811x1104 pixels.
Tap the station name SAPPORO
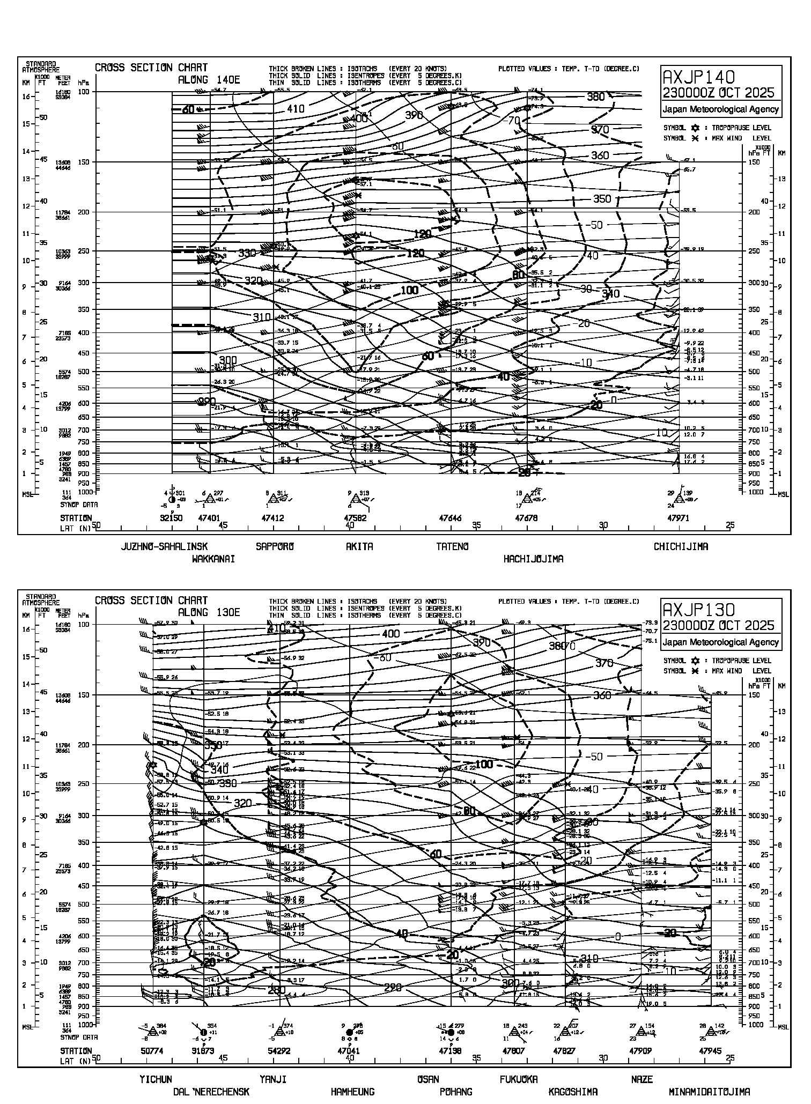click(275, 547)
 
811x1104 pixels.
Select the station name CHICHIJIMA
click(681, 547)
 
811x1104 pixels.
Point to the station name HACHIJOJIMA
click(533, 559)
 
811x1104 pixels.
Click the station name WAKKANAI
click(213, 559)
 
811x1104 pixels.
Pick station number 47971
click(678, 518)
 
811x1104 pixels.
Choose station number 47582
click(355, 518)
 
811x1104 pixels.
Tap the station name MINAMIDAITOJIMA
click(709, 1092)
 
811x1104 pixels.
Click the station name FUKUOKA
click(519, 1079)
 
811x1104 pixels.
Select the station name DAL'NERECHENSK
click(211, 1092)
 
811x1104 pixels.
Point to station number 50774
click(152, 1051)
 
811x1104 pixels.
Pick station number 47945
click(710, 1051)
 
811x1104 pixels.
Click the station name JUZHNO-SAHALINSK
click(164, 547)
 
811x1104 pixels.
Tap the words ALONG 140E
click(209, 80)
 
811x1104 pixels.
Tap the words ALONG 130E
click(209, 612)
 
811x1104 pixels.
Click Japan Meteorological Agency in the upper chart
click(720, 109)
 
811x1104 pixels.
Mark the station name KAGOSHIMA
click(573, 1092)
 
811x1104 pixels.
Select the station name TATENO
click(452, 547)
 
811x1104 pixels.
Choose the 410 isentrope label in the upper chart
click(296, 109)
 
